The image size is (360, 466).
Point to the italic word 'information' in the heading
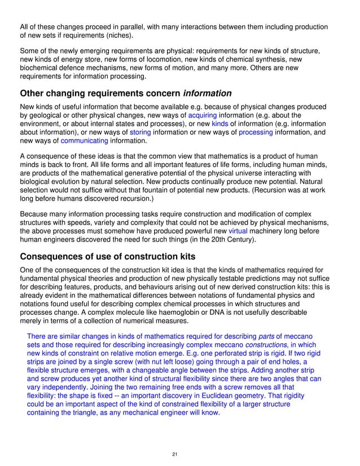[x=208, y=93]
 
